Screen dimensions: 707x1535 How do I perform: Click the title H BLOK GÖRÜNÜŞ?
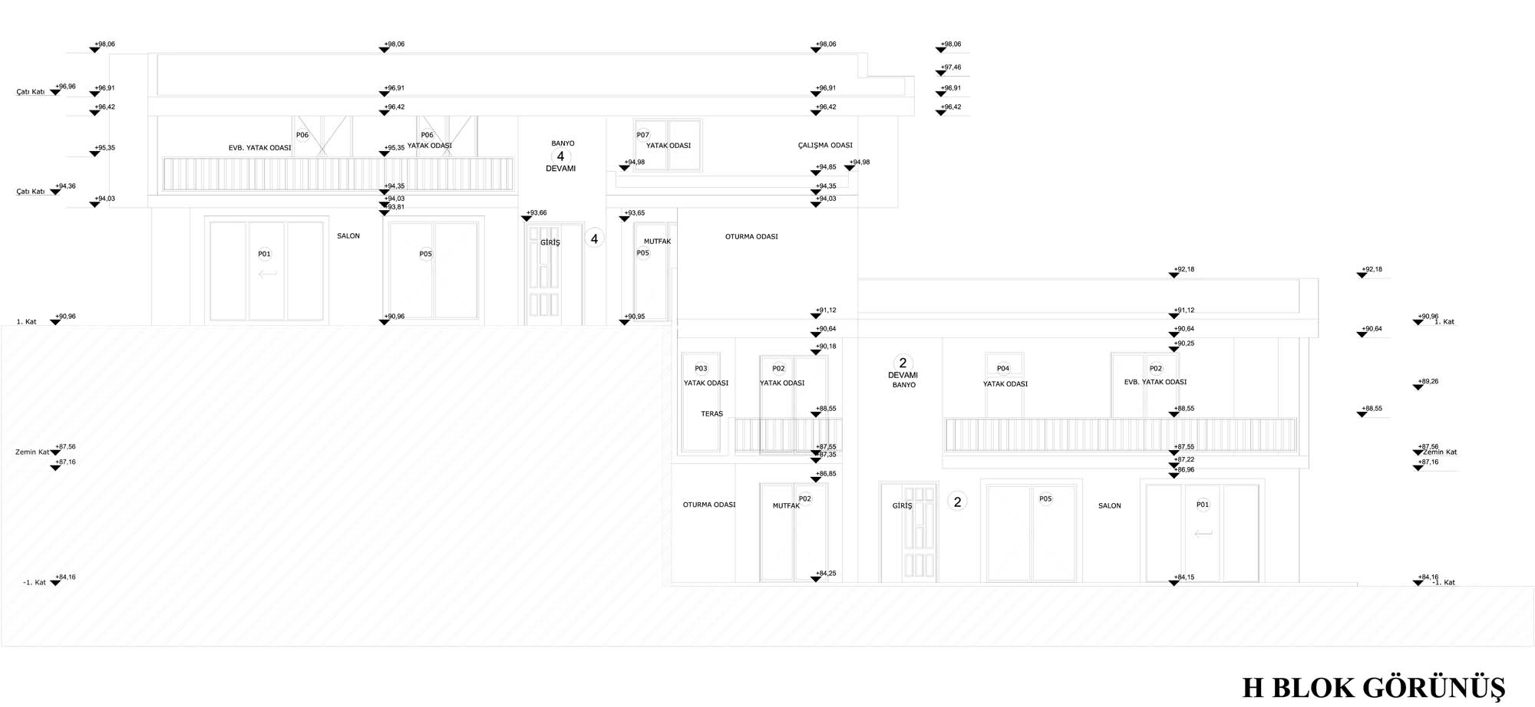point(1373,687)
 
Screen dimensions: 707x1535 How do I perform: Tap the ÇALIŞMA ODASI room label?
point(825,145)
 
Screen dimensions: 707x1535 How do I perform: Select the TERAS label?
point(711,414)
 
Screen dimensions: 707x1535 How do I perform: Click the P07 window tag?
point(642,135)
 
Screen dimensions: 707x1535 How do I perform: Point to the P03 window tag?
point(701,368)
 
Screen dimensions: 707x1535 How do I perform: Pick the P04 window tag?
point(1002,368)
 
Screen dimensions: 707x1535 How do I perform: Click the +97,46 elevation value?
point(952,67)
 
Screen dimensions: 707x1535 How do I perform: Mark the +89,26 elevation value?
point(1429,381)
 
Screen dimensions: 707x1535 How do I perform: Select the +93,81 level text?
point(395,207)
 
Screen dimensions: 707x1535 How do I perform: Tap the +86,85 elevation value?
point(827,474)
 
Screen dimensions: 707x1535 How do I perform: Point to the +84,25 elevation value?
point(827,574)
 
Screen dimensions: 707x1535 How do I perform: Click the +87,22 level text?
point(1185,459)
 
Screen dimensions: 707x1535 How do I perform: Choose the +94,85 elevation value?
point(827,167)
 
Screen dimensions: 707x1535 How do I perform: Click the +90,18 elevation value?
point(827,347)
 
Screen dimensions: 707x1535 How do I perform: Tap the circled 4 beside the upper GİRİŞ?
point(594,238)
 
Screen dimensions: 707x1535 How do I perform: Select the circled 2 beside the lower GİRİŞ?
point(957,501)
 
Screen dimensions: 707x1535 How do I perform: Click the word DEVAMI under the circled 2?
point(903,375)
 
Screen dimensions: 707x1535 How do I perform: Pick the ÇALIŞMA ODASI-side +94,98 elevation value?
point(860,163)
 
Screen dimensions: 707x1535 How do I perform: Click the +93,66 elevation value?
point(537,213)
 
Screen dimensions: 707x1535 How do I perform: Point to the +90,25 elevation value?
point(1185,344)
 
